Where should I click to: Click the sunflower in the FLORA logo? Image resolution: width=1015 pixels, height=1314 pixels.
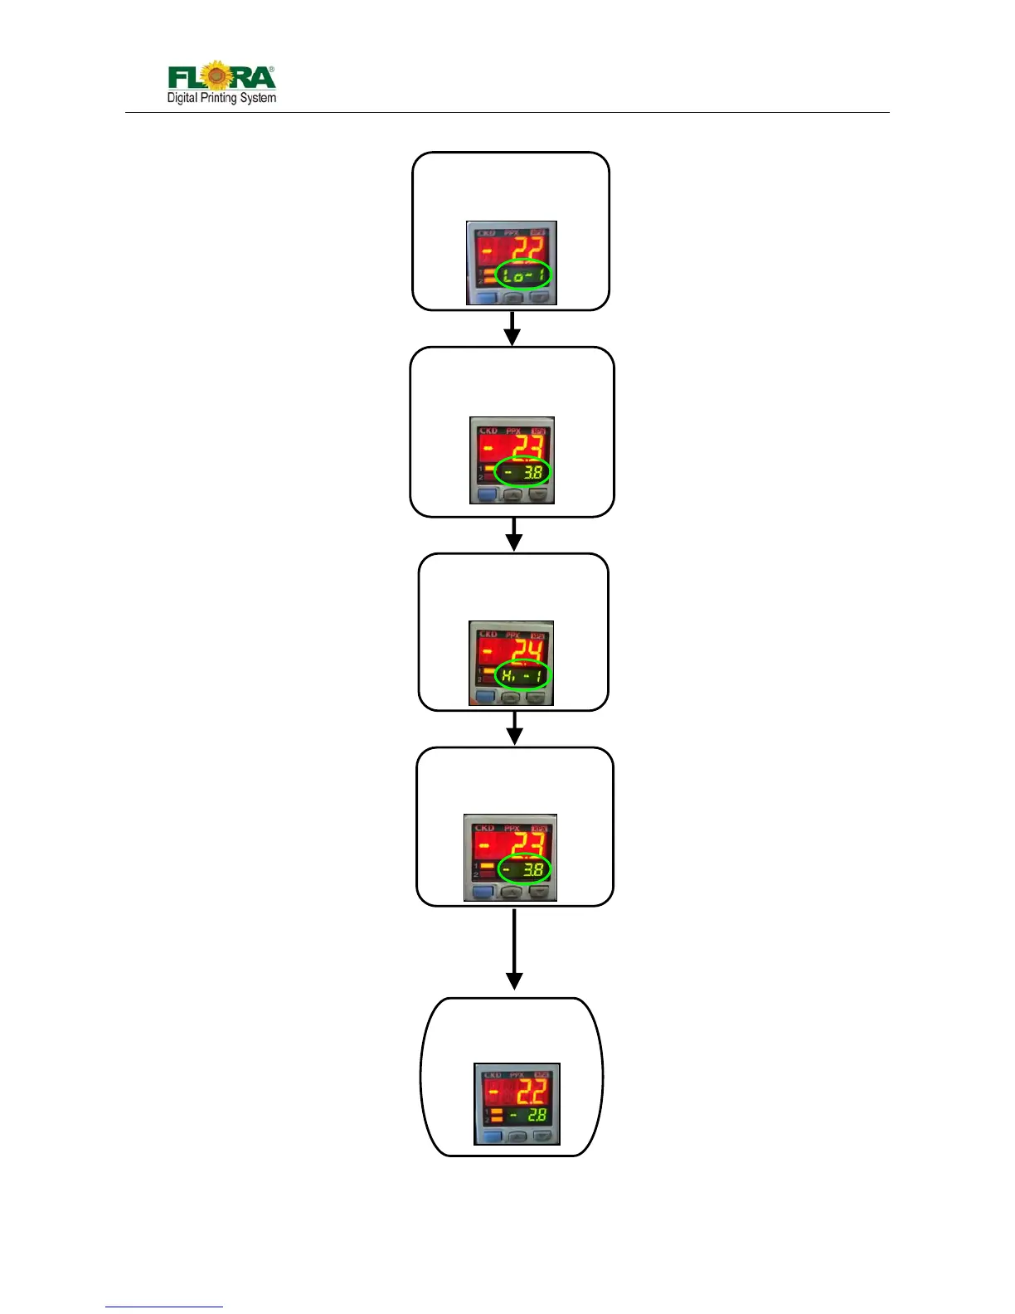[x=216, y=75]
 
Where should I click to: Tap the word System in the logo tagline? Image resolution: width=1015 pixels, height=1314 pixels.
[x=259, y=98]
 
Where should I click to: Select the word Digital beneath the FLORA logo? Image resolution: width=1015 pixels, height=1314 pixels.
[x=182, y=98]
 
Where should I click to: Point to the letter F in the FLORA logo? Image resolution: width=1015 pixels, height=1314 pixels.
[x=177, y=78]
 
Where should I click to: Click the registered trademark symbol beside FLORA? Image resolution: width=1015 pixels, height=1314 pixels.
[x=272, y=70]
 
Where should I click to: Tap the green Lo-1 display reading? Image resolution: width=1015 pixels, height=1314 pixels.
[x=523, y=275]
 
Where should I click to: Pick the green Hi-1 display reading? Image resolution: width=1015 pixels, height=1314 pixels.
[x=523, y=675]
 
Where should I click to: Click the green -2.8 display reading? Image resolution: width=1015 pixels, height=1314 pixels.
[x=530, y=1115]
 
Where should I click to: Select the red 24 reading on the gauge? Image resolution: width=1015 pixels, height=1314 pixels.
[x=529, y=651]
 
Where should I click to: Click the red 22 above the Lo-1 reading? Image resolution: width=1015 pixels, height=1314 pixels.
[x=527, y=249]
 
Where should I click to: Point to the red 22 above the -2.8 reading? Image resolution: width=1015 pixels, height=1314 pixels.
[x=531, y=1090]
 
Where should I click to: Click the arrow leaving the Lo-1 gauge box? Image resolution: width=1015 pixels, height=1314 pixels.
[x=512, y=328]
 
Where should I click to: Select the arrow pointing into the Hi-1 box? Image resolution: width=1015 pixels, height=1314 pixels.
[x=514, y=535]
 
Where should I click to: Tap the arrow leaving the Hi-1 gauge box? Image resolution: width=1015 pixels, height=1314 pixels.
[x=515, y=728]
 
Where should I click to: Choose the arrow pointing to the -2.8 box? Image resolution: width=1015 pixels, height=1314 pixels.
[x=514, y=950]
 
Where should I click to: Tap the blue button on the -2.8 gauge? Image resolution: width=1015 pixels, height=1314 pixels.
[x=493, y=1137]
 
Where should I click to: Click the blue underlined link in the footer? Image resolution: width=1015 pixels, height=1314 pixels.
[x=164, y=1307]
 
